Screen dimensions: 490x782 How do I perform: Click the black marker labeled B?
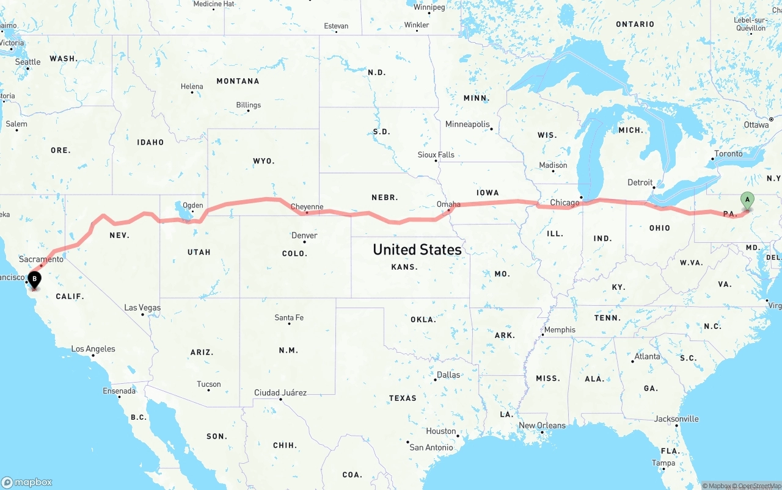point(35,280)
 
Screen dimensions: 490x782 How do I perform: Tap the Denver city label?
point(304,236)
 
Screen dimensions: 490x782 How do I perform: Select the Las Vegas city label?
point(142,308)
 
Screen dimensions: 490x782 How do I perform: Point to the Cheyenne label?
point(307,207)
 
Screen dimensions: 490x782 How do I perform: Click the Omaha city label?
point(448,204)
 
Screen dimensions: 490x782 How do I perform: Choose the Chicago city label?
point(565,203)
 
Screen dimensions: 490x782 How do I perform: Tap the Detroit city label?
point(640,182)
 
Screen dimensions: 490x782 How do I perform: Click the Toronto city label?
point(728,154)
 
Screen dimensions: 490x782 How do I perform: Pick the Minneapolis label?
point(467,124)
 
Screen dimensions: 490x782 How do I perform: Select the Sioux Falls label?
point(436,155)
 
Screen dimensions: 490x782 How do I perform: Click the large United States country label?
point(417,250)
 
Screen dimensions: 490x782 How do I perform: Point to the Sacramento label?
point(41,259)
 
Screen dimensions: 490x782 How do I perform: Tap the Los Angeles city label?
point(93,349)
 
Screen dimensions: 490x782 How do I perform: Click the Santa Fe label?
point(289,318)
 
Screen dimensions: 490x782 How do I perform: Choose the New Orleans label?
point(542,425)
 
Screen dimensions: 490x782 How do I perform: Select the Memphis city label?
point(560,330)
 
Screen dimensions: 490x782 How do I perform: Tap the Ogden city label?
point(193,206)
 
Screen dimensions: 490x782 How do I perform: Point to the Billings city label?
point(249,105)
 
